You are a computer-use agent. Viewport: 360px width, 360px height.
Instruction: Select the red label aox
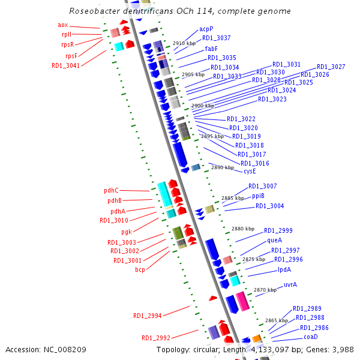pos(63,25)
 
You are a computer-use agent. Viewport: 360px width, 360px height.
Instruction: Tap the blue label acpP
pos(206,29)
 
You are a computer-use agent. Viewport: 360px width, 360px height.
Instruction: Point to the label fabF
pos(211,49)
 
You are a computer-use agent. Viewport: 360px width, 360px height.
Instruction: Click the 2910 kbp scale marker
pos(184,44)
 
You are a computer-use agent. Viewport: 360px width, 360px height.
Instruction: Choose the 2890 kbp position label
pos(223,168)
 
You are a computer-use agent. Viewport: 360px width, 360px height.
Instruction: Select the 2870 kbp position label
pos(265,290)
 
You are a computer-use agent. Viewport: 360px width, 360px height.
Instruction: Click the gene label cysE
pos(250,171)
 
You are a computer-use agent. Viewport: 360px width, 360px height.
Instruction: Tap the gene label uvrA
pos(290,284)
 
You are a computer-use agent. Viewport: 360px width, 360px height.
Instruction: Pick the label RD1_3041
pos(65,65)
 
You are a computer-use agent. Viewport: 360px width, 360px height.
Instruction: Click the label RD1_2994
pos(147,316)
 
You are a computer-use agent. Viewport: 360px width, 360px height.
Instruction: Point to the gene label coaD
pos(319,337)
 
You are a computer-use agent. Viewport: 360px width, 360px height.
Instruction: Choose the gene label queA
pos(274,240)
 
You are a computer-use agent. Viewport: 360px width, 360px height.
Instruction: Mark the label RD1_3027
pos(331,67)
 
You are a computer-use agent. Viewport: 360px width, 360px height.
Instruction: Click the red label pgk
pos(127,232)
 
